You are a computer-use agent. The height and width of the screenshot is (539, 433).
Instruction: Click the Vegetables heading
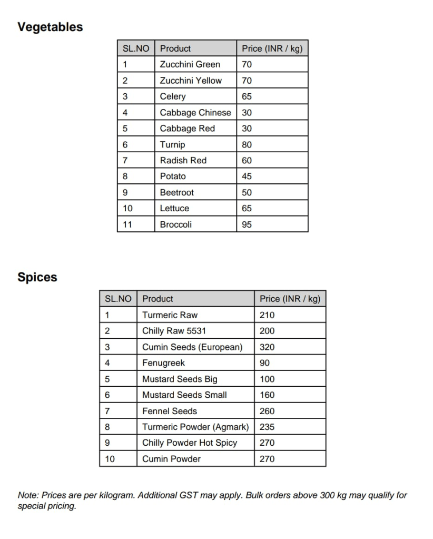coord(50,27)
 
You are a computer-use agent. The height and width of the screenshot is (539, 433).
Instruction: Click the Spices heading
coord(37,277)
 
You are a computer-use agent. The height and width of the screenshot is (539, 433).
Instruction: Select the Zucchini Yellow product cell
coord(191,81)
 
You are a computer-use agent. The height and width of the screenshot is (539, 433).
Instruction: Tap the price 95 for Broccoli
coord(247,224)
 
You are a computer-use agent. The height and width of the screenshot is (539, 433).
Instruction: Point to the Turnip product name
coord(172,144)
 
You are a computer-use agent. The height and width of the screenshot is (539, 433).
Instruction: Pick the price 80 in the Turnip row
coord(247,144)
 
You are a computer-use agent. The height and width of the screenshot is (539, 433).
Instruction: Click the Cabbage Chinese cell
coord(195,113)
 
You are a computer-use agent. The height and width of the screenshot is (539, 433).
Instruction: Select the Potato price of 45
coord(247,177)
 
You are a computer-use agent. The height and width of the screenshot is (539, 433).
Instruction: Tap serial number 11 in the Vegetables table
coord(127,224)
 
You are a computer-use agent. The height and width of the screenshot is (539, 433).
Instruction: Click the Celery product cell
coord(173,96)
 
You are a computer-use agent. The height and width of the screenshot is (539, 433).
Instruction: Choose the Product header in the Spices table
coord(158,299)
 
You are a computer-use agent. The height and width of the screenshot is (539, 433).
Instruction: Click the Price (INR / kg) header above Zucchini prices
coord(272,48)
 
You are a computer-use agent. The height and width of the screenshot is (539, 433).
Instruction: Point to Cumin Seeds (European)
coord(192,347)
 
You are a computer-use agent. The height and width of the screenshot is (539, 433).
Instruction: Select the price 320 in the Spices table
coord(267,347)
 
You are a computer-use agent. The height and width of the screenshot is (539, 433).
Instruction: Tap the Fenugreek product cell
coord(163,363)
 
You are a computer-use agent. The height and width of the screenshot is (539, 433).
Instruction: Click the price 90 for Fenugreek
coord(264,363)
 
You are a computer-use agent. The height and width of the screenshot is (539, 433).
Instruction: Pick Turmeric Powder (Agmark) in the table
coord(195,427)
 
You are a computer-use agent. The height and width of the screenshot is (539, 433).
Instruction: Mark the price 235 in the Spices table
coord(267,427)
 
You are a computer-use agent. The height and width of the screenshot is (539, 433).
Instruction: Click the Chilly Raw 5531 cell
coord(174,331)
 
